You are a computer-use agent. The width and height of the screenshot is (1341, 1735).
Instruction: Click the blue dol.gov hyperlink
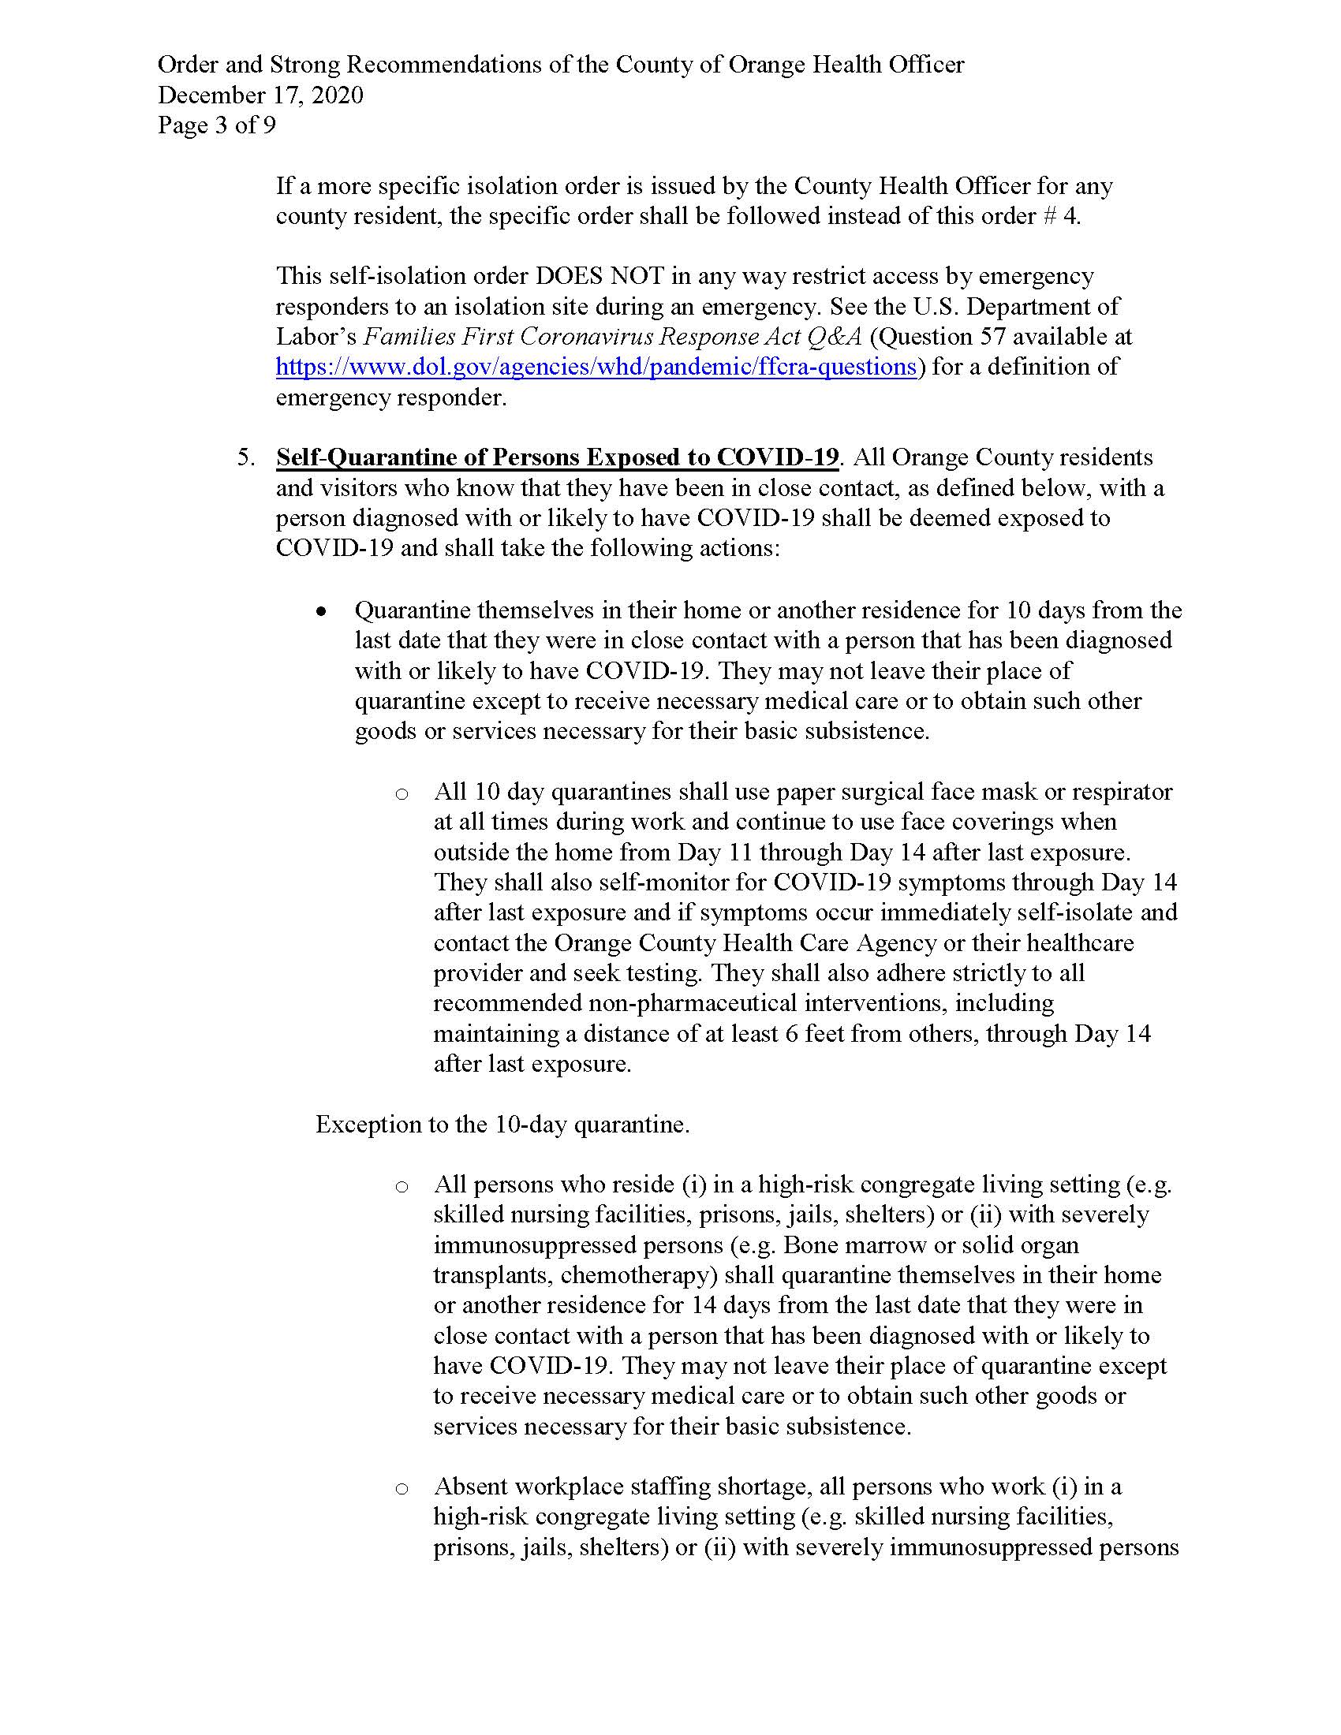tap(596, 367)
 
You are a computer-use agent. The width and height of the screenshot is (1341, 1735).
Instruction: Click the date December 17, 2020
tap(260, 95)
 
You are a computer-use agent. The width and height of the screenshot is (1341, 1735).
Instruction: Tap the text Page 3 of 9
tap(216, 125)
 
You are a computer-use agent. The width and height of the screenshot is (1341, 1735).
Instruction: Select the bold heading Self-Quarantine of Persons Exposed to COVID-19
tap(557, 457)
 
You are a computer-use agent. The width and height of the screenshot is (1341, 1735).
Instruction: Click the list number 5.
tap(246, 457)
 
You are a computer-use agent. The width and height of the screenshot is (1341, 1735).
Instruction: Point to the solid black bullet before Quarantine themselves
tap(321, 612)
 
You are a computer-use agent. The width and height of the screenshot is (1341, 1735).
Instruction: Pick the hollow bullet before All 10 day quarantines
tap(402, 793)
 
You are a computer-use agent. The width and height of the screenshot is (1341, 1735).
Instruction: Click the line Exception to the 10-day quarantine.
tap(502, 1125)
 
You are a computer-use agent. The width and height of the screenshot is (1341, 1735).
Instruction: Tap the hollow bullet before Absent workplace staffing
tap(402, 1488)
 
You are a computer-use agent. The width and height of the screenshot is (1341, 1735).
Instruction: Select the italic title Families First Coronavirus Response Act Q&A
tap(612, 337)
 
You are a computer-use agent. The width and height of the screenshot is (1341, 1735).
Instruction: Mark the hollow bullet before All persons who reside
tap(402, 1187)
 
